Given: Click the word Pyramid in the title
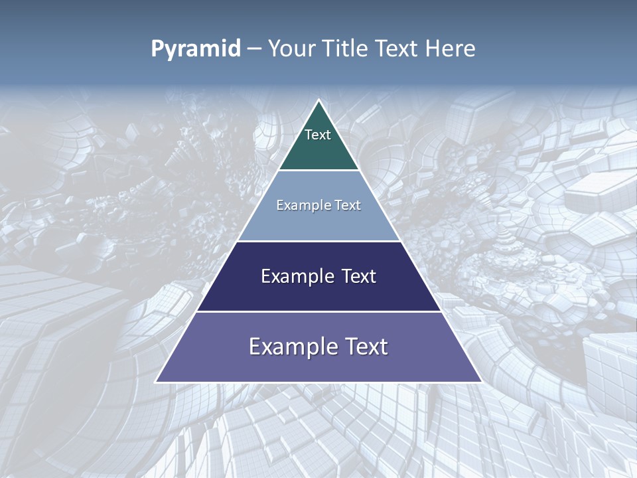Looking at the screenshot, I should [x=196, y=49].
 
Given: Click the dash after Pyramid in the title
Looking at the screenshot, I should [x=253, y=49].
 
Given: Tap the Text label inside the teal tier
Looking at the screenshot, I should [x=318, y=135].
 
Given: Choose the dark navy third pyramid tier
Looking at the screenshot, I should [x=318, y=292].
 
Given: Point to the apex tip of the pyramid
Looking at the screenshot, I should [x=318, y=101].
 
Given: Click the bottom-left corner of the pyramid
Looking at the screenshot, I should [x=157, y=382].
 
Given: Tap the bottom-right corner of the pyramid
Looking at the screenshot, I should [x=480, y=382].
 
